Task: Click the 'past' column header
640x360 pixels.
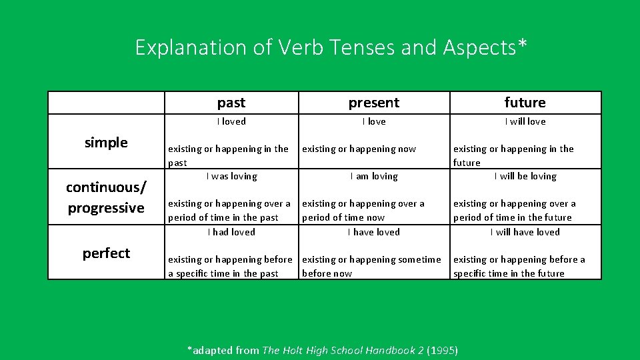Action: (x=231, y=103)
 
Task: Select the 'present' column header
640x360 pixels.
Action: (x=374, y=103)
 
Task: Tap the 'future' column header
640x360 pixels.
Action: (x=525, y=103)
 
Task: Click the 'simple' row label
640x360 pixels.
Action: (x=106, y=142)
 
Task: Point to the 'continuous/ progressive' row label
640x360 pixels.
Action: (x=106, y=197)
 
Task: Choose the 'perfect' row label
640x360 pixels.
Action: (x=106, y=253)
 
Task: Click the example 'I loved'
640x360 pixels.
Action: (x=231, y=121)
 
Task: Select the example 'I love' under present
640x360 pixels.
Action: (x=374, y=121)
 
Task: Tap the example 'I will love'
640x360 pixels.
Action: (x=525, y=121)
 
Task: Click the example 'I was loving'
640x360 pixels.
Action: (x=231, y=176)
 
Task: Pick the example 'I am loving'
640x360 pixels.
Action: (x=374, y=176)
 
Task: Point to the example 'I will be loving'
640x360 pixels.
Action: (x=525, y=176)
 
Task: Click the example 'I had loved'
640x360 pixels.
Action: (x=231, y=232)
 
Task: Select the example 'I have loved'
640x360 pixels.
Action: (x=374, y=232)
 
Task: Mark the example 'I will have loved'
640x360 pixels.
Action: (x=525, y=232)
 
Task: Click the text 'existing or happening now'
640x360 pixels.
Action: (x=359, y=149)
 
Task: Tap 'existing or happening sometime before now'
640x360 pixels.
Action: (x=371, y=266)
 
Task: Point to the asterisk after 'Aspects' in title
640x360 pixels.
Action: (x=522, y=43)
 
